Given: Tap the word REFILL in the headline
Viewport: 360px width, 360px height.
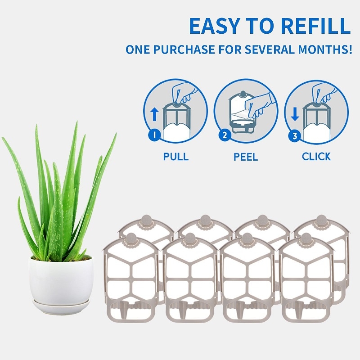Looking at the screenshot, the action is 316,26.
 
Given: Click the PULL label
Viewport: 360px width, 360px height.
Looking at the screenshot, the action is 176,157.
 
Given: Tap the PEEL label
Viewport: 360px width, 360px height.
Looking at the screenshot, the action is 246,157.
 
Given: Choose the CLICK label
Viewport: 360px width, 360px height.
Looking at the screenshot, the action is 316,157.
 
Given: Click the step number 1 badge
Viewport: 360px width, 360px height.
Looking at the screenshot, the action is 154,135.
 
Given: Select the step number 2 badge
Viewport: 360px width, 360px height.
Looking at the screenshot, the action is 225,135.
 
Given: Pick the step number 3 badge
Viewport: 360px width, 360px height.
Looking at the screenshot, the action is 295,136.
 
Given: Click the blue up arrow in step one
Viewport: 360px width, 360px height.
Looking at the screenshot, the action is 154,115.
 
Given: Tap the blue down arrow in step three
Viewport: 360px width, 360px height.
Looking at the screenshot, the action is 295,115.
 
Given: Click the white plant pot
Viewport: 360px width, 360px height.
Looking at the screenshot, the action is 61,279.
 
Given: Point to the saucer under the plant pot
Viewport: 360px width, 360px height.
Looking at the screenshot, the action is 61,306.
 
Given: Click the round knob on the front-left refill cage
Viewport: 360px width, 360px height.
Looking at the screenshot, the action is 131,238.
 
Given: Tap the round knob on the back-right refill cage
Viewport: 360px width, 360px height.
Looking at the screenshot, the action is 321,220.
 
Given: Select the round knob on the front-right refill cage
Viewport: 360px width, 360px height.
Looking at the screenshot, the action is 306,238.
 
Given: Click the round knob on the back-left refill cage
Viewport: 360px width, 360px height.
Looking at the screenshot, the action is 147,220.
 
